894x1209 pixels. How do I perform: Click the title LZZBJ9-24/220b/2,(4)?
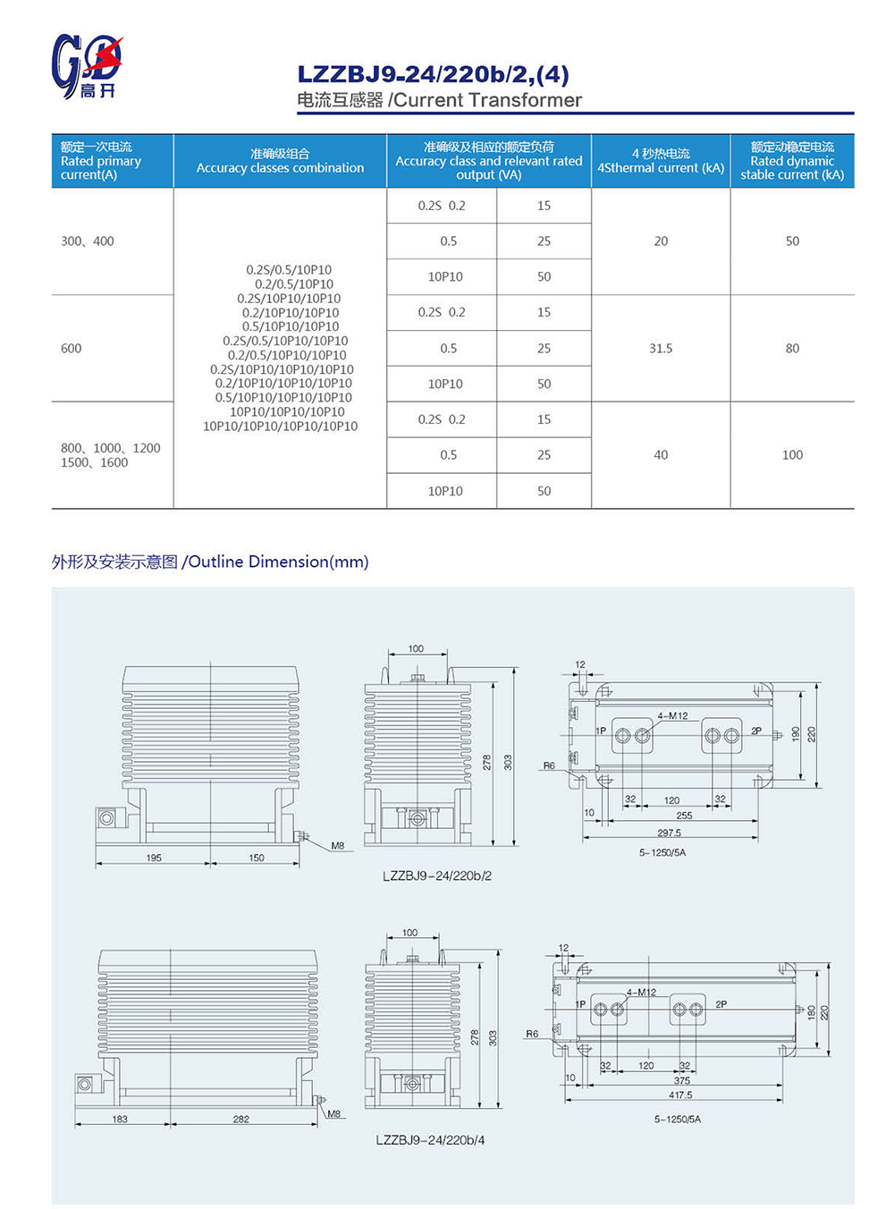(433, 74)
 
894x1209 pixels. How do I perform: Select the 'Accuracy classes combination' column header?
(280, 161)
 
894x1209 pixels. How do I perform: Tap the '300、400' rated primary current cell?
(88, 241)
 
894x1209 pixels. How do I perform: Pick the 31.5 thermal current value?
(661, 349)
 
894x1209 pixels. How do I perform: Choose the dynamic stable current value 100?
(792, 455)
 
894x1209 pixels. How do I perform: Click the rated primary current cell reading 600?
(72, 349)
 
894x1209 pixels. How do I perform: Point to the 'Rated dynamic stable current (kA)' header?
(792, 161)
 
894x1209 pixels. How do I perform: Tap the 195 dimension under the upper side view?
(154, 858)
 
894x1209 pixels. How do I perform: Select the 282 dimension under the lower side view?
(241, 1119)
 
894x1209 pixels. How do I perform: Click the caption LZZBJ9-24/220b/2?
(437, 876)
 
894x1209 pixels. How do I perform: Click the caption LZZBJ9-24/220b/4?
(430, 1140)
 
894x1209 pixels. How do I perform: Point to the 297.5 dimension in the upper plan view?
(669, 833)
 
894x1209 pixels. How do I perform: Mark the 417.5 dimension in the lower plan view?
(680, 1095)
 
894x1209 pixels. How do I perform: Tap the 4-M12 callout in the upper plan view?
(672, 715)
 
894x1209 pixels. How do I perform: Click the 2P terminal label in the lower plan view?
(721, 1004)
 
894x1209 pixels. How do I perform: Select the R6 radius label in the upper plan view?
(549, 765)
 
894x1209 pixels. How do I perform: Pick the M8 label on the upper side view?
(337, 846)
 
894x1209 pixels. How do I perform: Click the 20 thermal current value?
(661, 241)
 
